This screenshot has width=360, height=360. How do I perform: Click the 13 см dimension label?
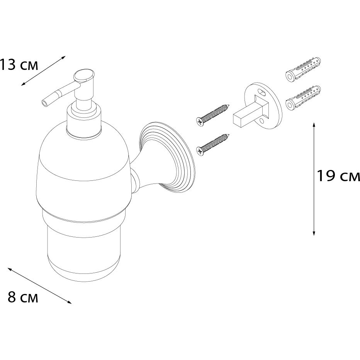19,65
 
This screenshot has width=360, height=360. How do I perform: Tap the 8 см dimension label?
23,297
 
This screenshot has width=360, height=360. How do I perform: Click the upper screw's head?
200,121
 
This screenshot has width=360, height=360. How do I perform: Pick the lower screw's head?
200,151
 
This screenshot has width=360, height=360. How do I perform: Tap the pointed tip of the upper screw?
229,105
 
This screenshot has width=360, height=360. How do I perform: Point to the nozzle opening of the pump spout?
44,104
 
